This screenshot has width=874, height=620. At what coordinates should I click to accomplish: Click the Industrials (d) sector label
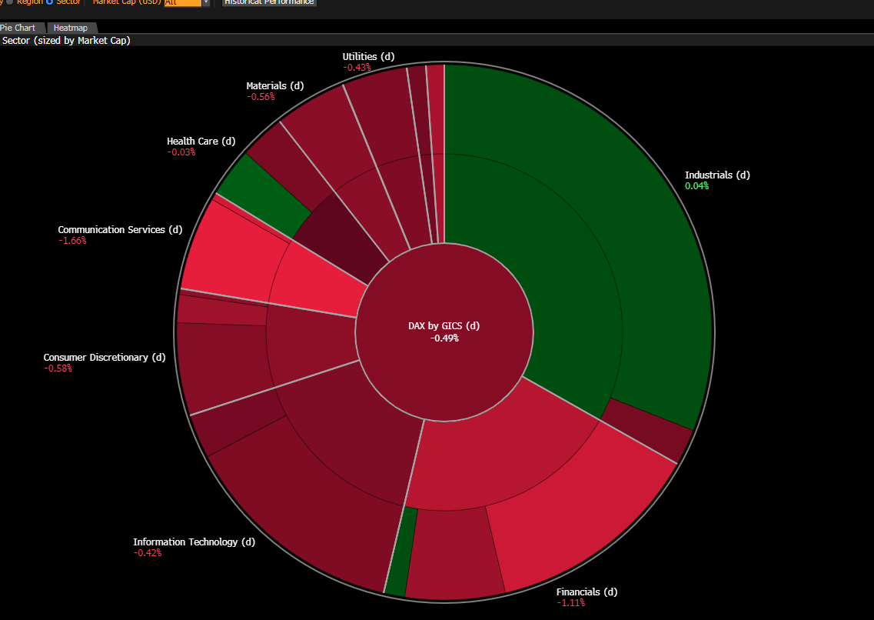pyautogui.click(x=717, y=175)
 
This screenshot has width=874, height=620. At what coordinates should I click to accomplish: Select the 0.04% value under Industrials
pyautogui.click(x=696, y=186)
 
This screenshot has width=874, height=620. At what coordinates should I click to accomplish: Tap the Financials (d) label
pyautogui.click(x=587, y=592)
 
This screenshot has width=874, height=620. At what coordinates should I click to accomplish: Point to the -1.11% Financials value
pyautogui.click(x=570, y=603)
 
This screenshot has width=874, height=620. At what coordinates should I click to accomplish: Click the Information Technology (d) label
pyautogui.click(x=194, y=542)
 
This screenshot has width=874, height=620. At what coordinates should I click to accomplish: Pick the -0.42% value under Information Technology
pyautogui.click(x=147, y=553)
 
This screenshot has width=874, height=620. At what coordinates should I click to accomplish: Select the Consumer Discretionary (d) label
pyautogui.click(x=105, y=357)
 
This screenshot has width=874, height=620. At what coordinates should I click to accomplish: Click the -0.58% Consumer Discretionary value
pyautogui.click(x=58, y=368)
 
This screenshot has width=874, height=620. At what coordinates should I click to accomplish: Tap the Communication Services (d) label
pyautogui.click(x=120, y=229)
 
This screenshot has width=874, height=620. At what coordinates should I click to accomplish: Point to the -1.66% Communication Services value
pyautogui.click(x=72, y=241)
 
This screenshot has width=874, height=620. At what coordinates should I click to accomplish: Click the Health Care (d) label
pyautogui.click(x=201, y=141)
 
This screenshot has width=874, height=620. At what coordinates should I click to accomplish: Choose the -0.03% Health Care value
pyautogui.click(x=181, y=152)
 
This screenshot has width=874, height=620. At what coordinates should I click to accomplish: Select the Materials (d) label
pyautogui.click(x=274, y=85)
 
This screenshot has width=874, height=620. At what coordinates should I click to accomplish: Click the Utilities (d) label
pyautogui.click(x=368, y=56)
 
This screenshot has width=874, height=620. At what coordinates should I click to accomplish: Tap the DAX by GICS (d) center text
pyautogui.click(x=444, y=325)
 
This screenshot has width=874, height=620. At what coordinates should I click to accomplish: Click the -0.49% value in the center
pyautogui.click(x=444, y=338)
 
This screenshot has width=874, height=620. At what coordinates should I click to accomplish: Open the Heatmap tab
pyautogui.click(x=70, y=28)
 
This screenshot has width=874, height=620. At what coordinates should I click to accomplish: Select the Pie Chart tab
pyautogui.click(x=18, y=28)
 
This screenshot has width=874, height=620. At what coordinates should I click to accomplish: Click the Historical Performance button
pyautogui.click(x=269, y=2)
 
